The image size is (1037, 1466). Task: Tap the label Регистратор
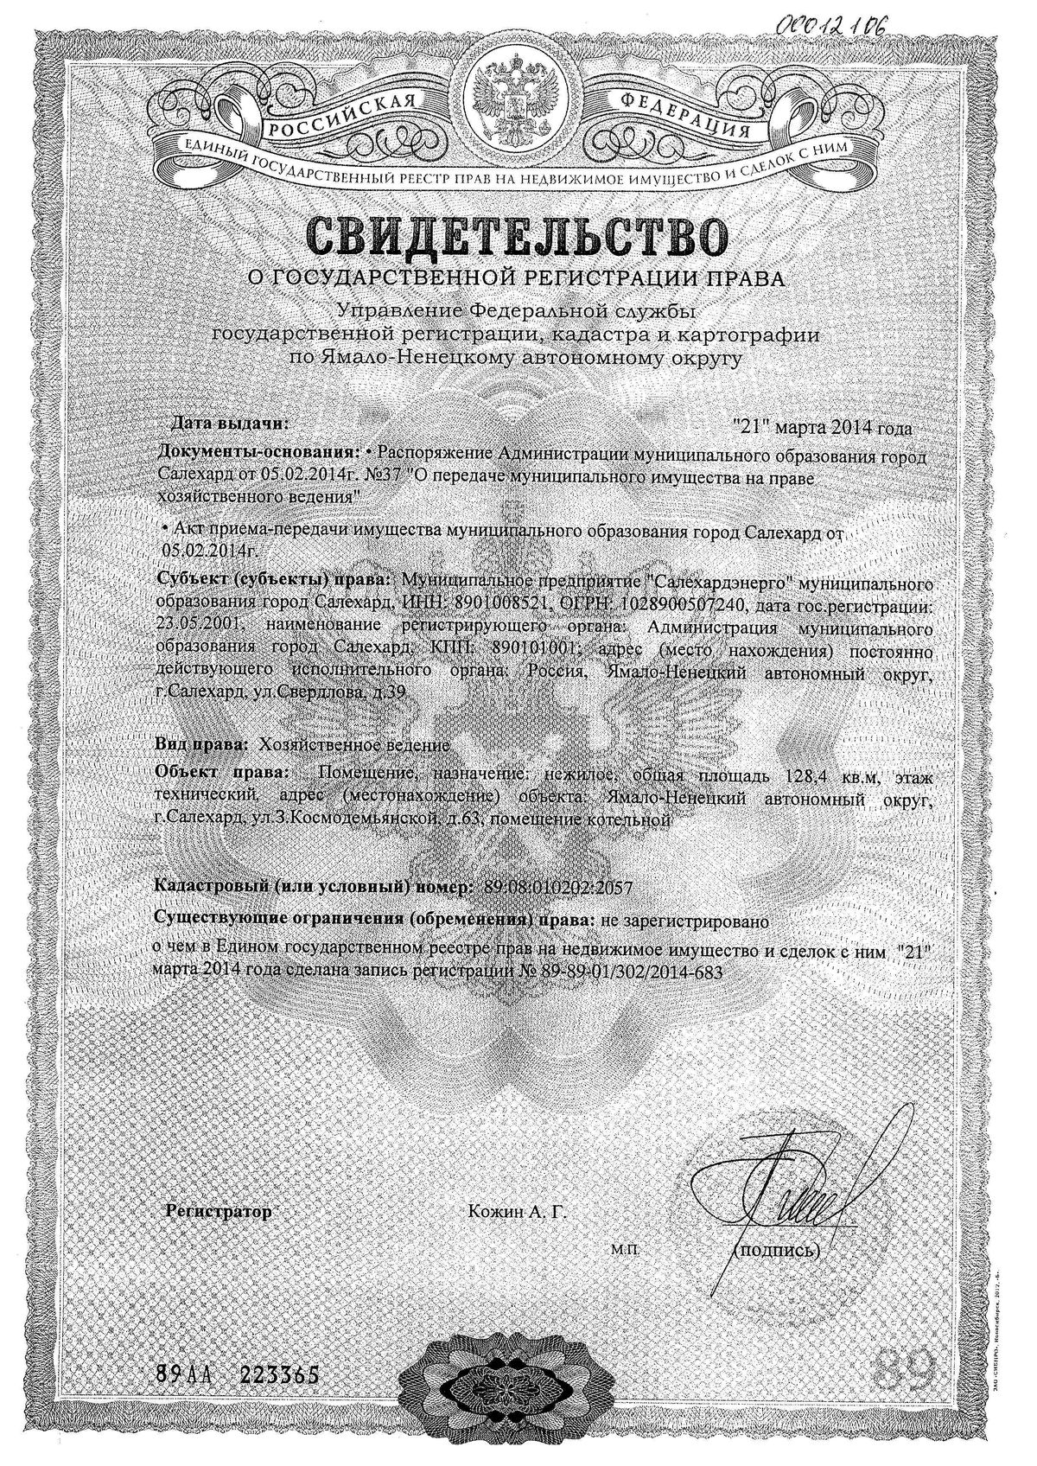click(x=219, y=1212)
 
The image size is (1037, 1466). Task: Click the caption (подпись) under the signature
click(x=774, y=1250)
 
